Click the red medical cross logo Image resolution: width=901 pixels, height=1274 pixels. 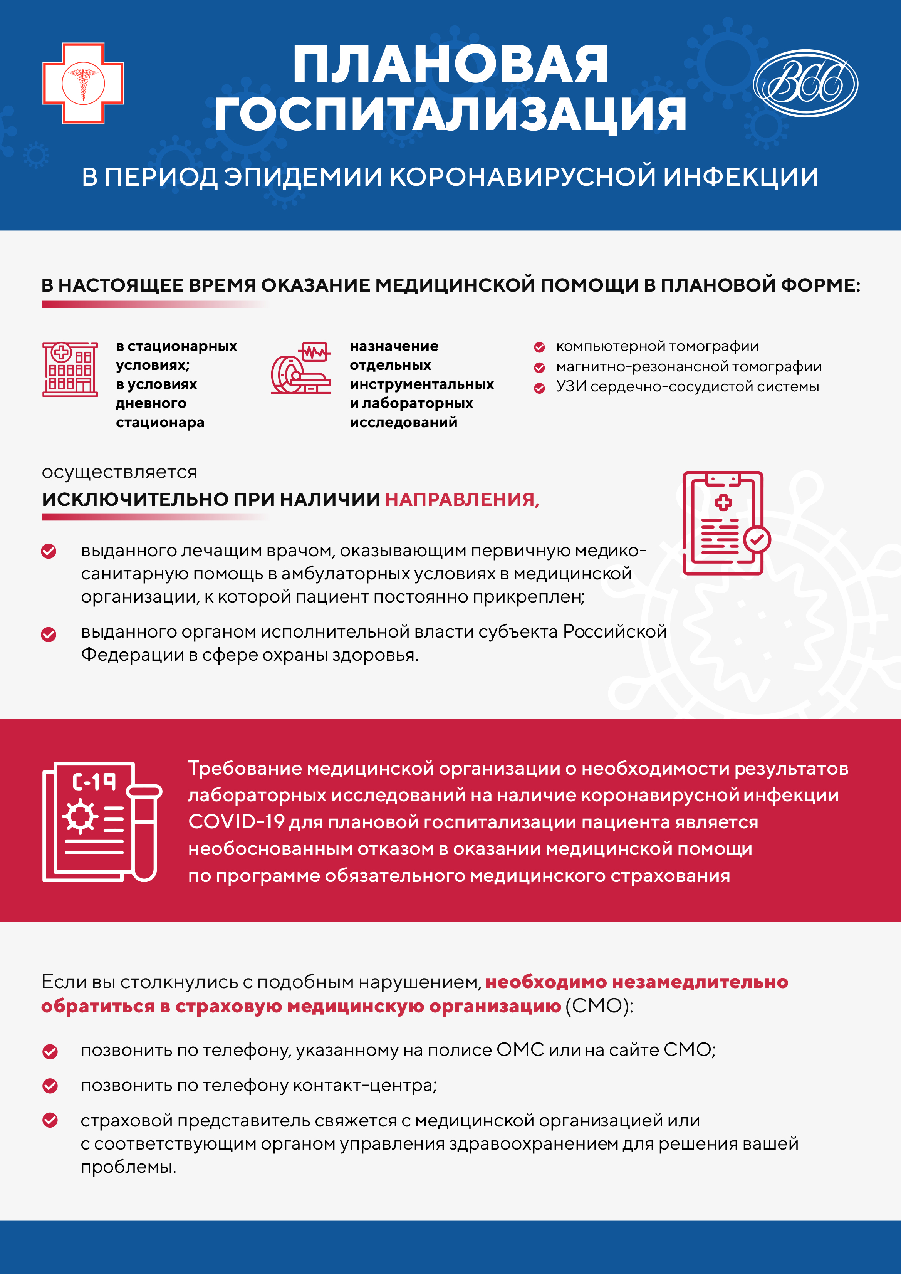click(83, 83)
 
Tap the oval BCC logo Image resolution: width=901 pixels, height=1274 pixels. click(805, 83)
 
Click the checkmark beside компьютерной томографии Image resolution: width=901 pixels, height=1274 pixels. click(539, 347)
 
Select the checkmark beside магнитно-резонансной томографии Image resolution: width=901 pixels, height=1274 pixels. click(539, 367)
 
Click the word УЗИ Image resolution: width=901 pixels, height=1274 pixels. click(571, 387)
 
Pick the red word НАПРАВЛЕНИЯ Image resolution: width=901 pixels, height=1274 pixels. click(461, 499)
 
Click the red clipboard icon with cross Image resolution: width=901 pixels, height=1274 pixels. click(725, 523)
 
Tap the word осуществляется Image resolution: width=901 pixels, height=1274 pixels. click(119, 472)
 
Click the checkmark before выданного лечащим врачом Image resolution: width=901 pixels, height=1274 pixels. click(49, 551)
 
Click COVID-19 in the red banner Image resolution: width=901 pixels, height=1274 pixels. click(237, 822)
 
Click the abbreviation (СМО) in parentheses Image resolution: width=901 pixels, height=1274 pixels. click(599, 1006)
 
